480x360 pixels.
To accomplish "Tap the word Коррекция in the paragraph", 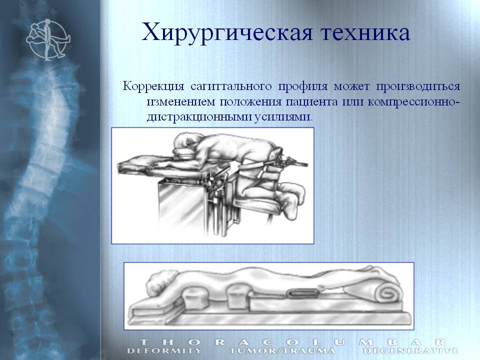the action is pyautogui.click(x=153, y=86).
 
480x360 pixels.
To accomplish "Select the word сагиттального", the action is pyautogui.click(x=231, y=86).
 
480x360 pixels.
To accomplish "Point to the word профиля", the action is pyautogui.click(x=302, y=86).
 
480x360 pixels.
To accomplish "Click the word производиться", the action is pyautogui.click(x=418, y=86).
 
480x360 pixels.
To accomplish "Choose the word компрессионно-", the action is pyautogui.click(x=414, y=102).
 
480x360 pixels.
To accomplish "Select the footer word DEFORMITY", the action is pyautogui.click(x=164, y=351).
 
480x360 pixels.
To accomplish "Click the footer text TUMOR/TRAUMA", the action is pyautogui.click(x=282, y=351).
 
